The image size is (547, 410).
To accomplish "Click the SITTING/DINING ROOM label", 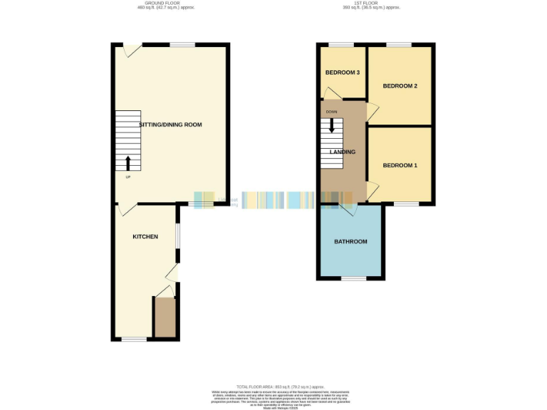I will (x=170, y=125).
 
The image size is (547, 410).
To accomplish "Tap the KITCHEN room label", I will (x=145, y=236).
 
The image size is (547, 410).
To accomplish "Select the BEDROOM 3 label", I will (x=342, y=73).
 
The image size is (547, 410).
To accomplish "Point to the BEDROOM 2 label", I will (x=400, y=86).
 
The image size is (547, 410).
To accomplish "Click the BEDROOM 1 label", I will (x=400, y=166).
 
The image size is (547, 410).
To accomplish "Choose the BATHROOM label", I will (x=350, y=242).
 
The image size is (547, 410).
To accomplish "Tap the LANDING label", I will (x=343, y=152).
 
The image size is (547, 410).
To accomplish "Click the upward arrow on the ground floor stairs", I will (x=128, y=163).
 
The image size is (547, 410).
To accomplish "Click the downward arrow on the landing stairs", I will (x=331, y=125).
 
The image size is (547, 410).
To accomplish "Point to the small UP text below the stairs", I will (x=128, y=177).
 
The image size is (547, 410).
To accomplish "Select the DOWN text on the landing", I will (x=331, y=112).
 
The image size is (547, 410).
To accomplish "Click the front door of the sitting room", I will (x=131, y=51).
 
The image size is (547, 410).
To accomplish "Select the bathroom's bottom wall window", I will (x=353, y=278).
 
